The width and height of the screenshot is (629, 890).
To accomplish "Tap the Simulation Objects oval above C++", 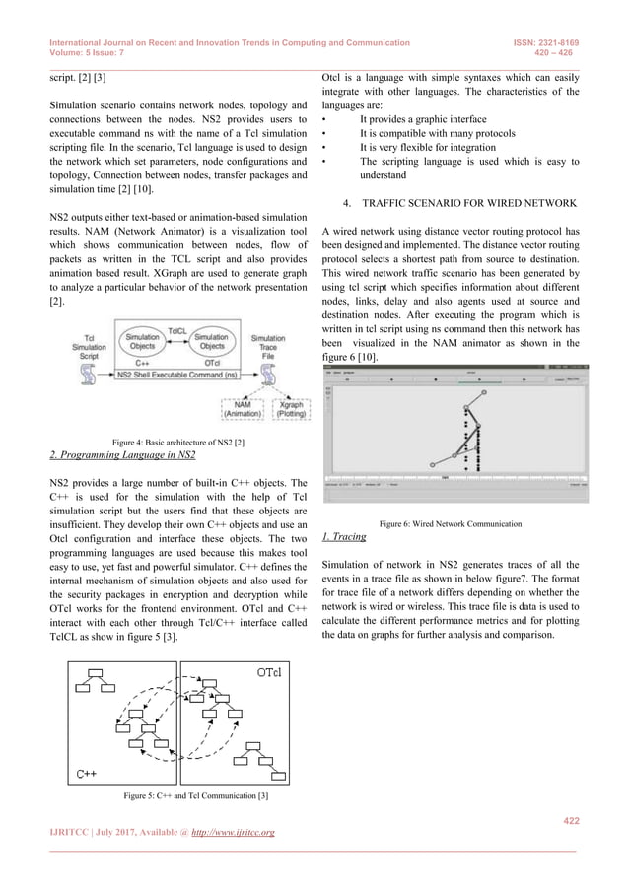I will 142,342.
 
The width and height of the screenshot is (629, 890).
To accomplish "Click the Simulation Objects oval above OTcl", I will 213,342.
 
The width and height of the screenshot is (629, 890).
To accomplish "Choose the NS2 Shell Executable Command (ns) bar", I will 177,375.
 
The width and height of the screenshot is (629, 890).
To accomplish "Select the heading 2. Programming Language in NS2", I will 122,453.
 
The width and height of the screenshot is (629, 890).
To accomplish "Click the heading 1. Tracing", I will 345,536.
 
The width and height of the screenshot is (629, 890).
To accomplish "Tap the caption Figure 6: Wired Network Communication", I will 449,522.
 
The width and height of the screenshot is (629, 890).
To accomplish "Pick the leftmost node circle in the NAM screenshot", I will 432,463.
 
